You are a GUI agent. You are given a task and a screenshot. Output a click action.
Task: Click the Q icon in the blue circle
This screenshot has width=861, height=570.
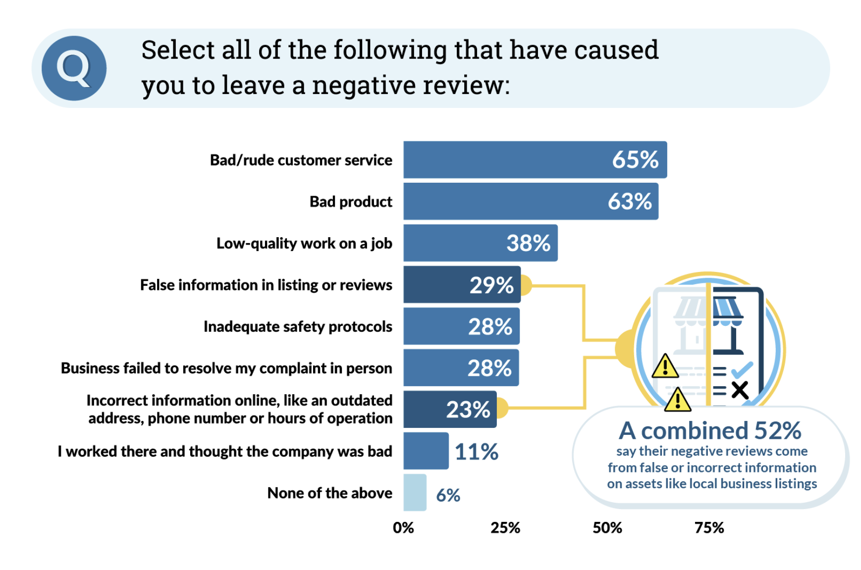tap(74, 68)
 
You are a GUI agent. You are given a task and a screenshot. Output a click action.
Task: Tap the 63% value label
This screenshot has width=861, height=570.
tap(630, 202)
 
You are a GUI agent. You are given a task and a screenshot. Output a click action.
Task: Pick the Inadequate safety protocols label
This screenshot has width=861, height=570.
tap(298, 327)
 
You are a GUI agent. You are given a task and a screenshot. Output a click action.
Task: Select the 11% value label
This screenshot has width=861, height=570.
tap(476, 452)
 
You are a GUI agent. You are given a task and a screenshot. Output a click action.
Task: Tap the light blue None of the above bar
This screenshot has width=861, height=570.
tap(415, 492)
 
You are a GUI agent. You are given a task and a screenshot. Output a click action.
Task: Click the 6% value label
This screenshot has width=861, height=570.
tap(448, 495)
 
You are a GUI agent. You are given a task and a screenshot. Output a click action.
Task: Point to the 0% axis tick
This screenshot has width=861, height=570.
tap(403, 528)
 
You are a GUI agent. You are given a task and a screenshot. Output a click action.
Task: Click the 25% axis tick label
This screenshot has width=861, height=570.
tap(505, 528)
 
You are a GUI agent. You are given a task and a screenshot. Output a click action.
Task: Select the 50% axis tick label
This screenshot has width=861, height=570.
tap(607, 528)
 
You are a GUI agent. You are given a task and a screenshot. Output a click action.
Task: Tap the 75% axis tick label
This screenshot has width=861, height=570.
tap(709, 528)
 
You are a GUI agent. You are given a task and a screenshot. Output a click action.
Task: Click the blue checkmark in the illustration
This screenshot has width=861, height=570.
tap(742, 370)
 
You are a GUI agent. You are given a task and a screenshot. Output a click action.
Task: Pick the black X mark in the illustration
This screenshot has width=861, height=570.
tap(740, 390)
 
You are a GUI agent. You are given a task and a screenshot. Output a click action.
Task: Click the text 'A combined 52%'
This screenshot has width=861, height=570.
tap(710, 430)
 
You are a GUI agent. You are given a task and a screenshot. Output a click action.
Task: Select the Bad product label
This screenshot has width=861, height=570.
tap(351, 202)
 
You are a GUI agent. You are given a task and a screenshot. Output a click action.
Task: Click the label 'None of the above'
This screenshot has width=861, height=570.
tap(329, 493)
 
